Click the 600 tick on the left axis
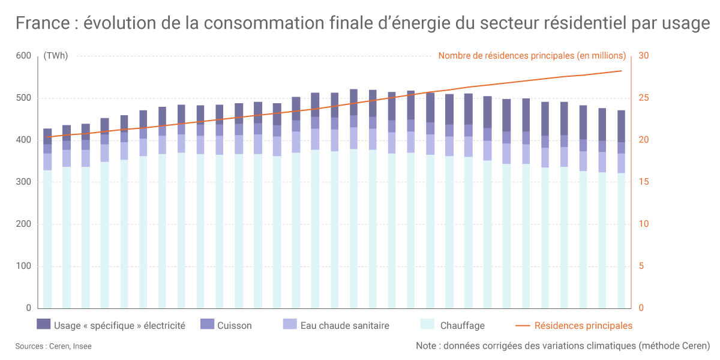pos(23,56)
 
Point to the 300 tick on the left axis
pos(23,182)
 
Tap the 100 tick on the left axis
pos(23,266)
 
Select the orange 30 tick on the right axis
pos(644,56)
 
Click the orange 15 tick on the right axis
pos(643,182)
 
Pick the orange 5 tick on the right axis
pos(641,266)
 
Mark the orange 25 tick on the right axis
pos(644,98)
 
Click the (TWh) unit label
pos(55,56)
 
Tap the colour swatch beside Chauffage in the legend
pos(427,325)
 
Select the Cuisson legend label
pos(235,326)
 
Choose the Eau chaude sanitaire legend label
pos(345,326)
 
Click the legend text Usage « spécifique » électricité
pos(119,326)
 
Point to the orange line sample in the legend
pos(523,326)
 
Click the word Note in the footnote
pos(427,346)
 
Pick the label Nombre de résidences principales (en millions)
pos(532,56)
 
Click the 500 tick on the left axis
pos(23,98)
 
